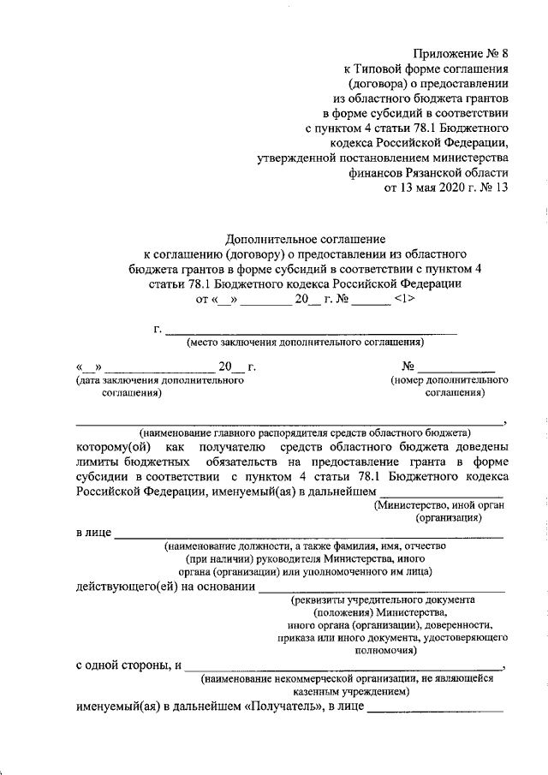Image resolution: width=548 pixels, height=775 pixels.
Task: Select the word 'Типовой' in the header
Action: (x=385, y=69)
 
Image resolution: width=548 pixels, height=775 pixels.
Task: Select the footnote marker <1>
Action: (x=405, y=299)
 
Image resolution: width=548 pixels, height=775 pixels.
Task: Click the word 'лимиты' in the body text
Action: (x=94, y=462)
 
